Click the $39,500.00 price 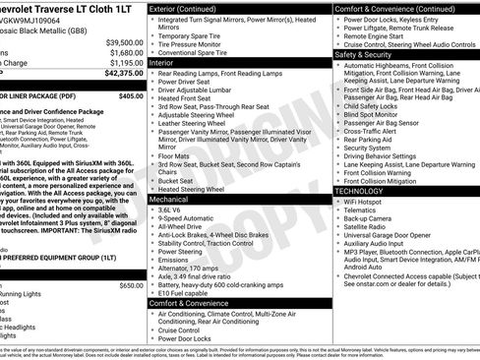click(124, 43)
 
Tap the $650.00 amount click(131, 285)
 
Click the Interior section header click(168, 62)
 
